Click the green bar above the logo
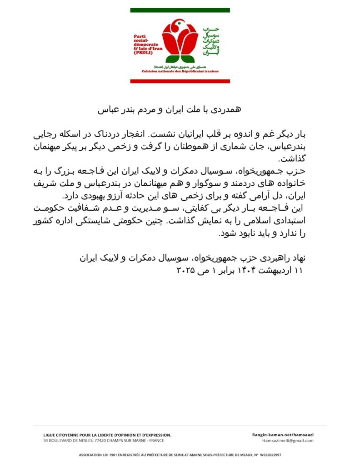pos(180,10)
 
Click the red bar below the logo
pos(180,81)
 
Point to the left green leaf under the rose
pos(172,59)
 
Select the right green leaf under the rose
pos(188,59)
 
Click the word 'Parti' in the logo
pos(140,36)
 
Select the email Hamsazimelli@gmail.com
pos(288,440)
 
